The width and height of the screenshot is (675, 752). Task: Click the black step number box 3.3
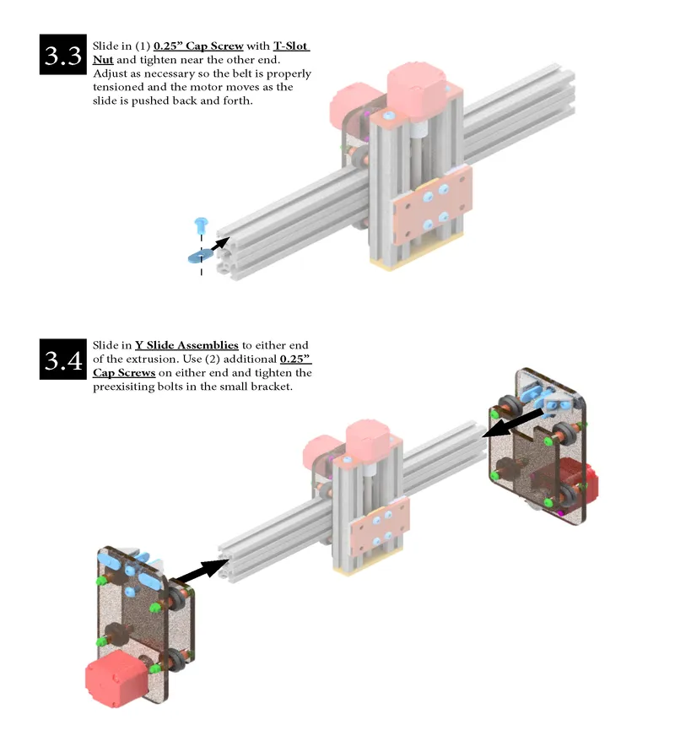(x=64, y=56)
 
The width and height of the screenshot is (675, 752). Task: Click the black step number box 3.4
(x=64, y=360)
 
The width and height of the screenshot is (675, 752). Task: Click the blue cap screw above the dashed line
(x=201, y=225)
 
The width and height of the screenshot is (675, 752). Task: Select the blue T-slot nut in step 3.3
(x=200, y=254)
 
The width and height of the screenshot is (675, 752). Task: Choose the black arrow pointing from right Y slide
(x=514, y=423)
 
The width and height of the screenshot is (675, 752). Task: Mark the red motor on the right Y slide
(x=580, y=484)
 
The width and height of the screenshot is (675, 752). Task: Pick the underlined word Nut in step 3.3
(x=103, y=60)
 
